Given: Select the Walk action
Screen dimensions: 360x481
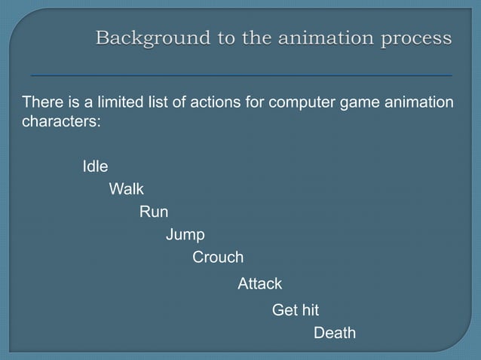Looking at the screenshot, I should [126, 189].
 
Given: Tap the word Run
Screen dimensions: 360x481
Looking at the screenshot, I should [154, 212].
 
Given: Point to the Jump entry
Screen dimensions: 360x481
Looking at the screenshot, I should [185, 235].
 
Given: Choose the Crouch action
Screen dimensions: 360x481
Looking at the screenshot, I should [218, 258].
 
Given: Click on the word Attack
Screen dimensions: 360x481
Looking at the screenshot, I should [259, 284].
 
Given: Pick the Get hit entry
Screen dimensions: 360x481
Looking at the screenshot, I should [295, 310].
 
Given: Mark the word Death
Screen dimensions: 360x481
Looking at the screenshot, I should [334, 333].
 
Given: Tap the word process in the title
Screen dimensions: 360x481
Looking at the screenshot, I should [415, 37].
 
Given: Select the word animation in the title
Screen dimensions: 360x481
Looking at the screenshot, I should [318, 37].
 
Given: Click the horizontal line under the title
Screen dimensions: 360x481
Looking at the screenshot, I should [241, 76].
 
